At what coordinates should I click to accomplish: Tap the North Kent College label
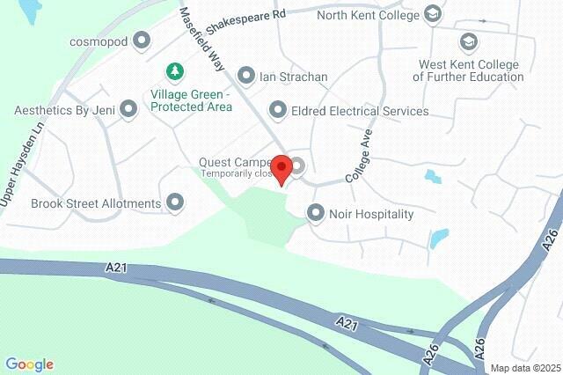367,14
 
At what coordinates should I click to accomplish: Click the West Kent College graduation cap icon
468,41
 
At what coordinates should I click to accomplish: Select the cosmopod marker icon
141,40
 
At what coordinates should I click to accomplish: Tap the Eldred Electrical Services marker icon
278,111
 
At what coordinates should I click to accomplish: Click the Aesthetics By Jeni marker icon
128,111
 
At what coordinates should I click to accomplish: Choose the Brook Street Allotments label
96,203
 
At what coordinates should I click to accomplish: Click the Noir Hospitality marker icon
316,213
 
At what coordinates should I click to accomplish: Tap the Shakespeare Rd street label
252,16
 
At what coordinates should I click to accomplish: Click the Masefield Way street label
204,39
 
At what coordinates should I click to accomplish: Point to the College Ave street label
361,156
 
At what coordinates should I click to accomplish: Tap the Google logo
29,364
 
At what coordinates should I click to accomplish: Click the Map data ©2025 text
524,368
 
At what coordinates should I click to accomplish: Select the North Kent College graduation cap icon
433,14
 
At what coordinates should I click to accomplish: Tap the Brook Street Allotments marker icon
175,203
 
